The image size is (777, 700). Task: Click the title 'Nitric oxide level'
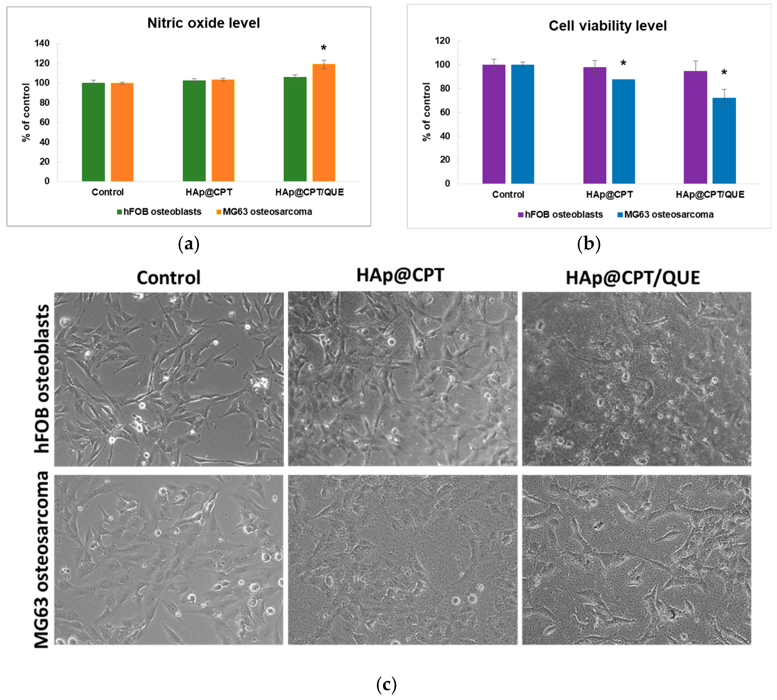pyautogui.click(x=203, y=23)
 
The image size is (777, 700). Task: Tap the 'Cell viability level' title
pyautogui.click(x=607, y=26)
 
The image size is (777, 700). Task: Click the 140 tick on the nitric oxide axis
pyautogui.click(x=42, y=43)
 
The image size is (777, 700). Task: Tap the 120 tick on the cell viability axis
pyautogui.click(x=442, y=41)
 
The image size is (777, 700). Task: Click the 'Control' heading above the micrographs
pyautogui.click(x=168, y=277)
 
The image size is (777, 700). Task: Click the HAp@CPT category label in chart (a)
pyautogui.click(x=209, y=192)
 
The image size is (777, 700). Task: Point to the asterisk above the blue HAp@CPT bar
pyautogui.click(x=623, y=63)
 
